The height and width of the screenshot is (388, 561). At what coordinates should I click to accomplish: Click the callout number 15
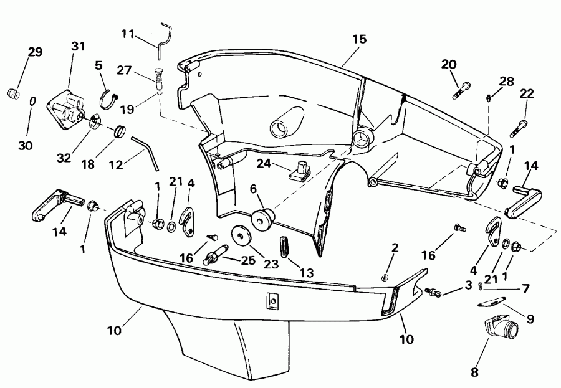pos(358,39)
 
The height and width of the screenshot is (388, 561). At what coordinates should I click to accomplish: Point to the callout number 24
pos(264,164)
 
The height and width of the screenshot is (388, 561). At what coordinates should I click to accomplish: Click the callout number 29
pos(35,52)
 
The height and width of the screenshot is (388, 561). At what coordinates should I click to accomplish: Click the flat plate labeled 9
pos(489,303)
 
